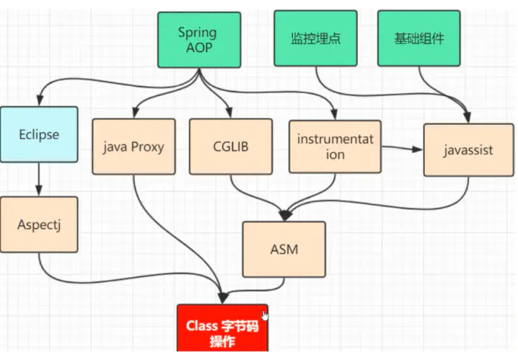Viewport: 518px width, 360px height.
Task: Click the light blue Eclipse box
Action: click(x=39, y=134)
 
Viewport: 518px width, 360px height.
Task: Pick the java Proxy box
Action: click(x=134, y=146)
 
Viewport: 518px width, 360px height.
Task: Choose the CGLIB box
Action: click(x=230, y=146)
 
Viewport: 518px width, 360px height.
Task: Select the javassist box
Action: click(x=468, y=150)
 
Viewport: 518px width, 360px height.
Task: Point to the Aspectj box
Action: click(x=39, y=223)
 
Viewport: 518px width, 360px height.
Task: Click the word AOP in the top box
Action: click(x=197, y=47)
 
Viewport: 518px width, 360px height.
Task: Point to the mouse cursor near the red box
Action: click(x=266, y=315)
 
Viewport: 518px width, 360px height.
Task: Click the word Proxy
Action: click(x=149, y=146)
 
